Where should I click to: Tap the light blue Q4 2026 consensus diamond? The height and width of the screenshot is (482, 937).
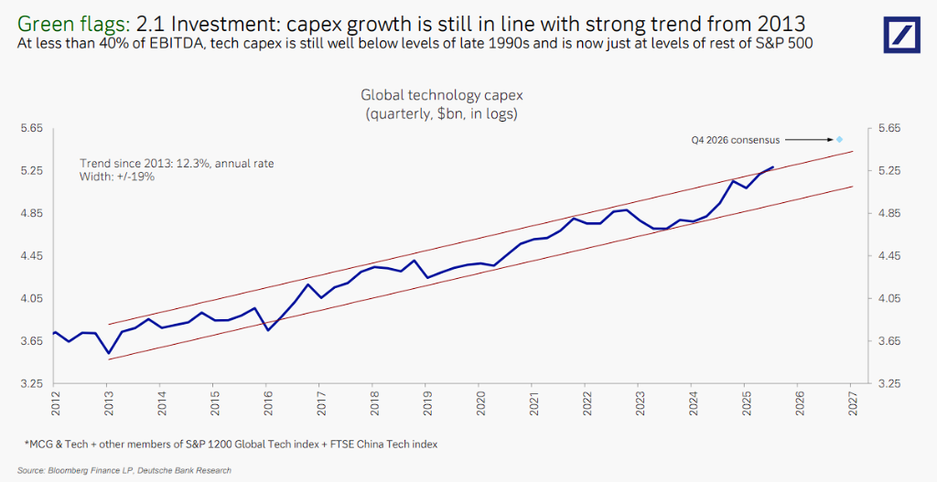838,139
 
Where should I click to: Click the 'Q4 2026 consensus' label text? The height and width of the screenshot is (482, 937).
736,140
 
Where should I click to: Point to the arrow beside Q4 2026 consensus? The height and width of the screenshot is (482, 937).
807,140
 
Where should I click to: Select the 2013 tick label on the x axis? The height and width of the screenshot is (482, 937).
107,404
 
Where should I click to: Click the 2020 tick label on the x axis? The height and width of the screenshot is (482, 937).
479,404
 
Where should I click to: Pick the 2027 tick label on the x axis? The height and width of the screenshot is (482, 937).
851,404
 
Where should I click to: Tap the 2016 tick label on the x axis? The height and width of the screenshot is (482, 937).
266,404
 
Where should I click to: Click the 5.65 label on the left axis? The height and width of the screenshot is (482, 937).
32,129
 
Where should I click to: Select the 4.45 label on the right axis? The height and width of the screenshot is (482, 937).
889,256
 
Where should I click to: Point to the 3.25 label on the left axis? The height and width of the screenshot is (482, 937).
32,384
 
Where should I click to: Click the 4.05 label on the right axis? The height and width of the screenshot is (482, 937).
889,299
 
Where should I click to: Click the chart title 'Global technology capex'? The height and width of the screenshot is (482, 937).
441,94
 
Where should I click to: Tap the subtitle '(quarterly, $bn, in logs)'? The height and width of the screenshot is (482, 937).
441,113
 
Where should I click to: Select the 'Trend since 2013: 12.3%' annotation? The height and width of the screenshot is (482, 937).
177,163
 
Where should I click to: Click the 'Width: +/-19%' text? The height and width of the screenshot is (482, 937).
117,177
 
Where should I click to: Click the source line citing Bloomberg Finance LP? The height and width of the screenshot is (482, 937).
124,470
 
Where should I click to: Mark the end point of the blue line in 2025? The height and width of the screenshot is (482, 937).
773,167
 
